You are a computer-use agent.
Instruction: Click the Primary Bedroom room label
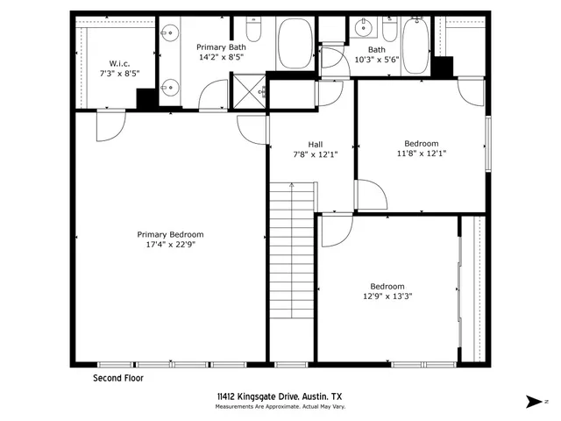pos(170,234)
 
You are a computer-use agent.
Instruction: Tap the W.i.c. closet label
pos(120,62)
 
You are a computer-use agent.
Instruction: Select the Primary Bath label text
pos(221,47)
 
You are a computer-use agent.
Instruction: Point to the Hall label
pos(316,144)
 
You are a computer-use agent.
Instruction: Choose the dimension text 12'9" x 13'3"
pos(387,296)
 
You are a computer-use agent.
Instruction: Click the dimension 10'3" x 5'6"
pos(376,60)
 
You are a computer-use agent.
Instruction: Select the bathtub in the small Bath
pos(415,41)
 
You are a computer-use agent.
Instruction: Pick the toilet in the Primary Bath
pos(254,32)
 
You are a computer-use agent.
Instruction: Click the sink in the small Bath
pos(363,30)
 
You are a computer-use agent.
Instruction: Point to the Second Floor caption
pos(118,379)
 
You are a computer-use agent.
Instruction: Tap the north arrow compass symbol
pos(533,401)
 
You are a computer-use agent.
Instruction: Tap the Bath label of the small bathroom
pos(376,50)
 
